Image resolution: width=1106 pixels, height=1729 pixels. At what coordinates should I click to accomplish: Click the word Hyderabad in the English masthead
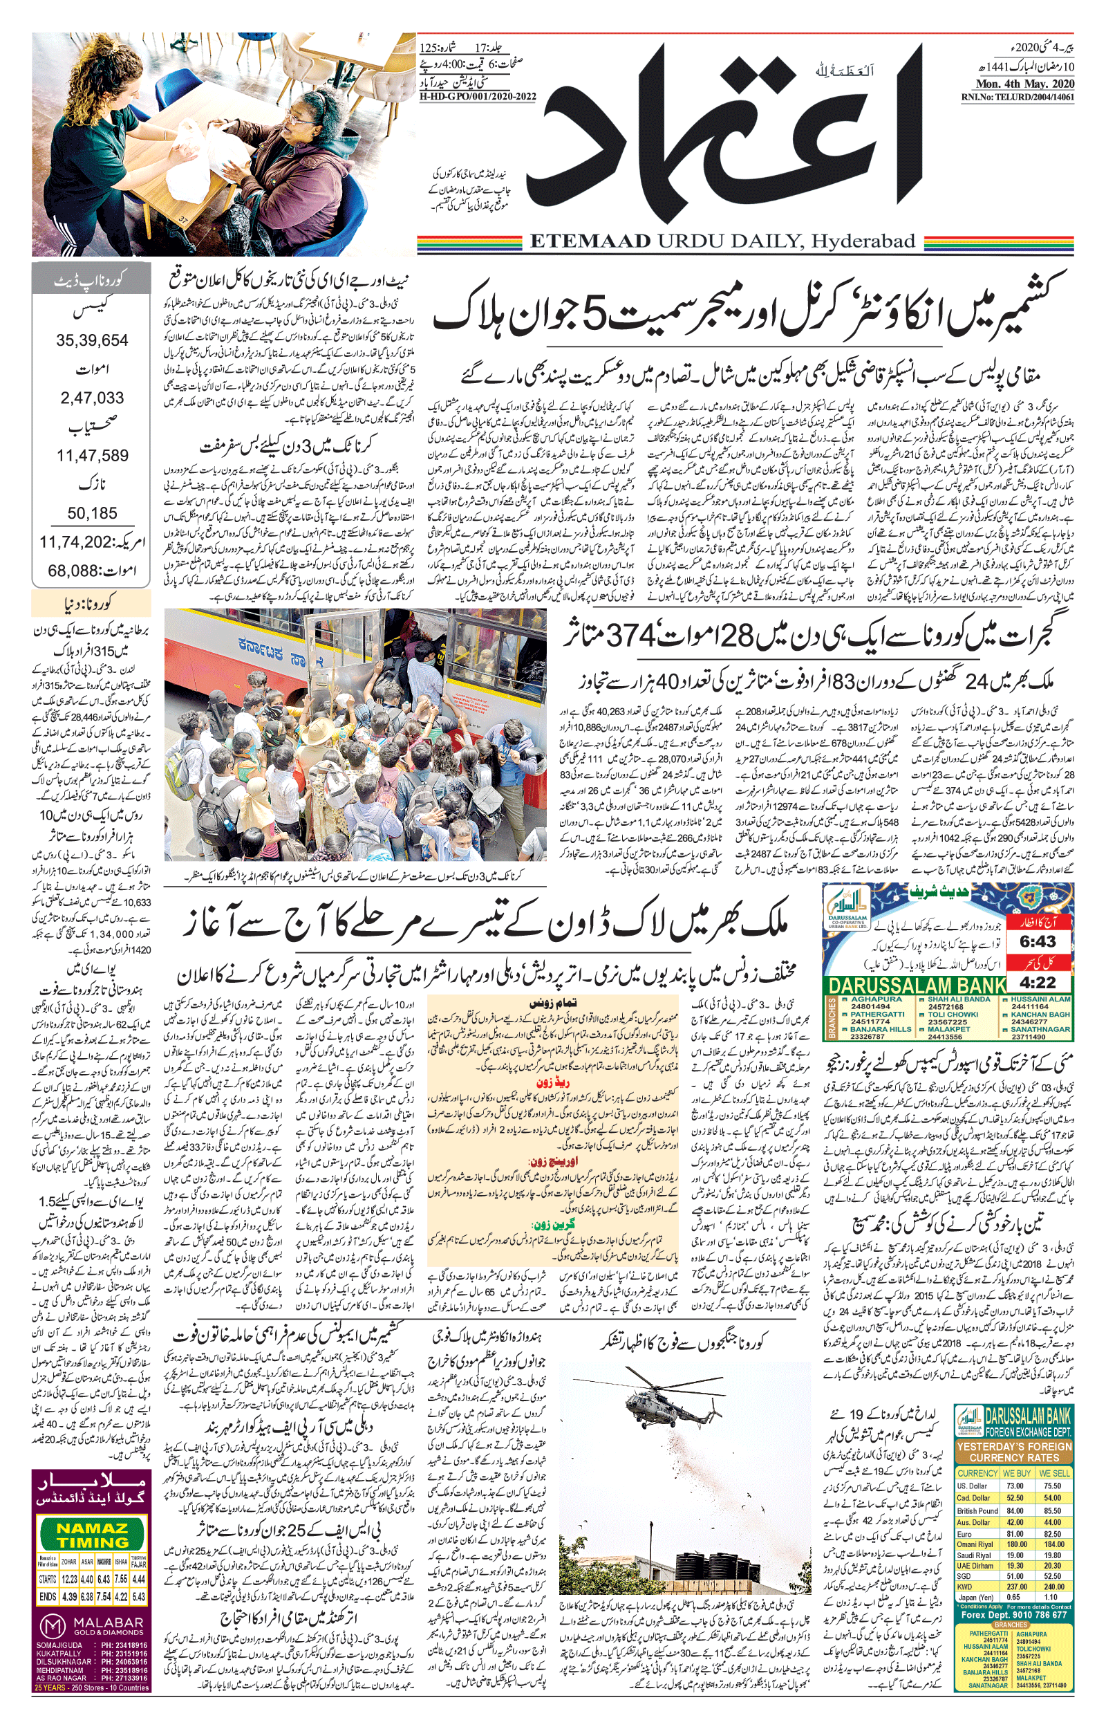tap(864, 241)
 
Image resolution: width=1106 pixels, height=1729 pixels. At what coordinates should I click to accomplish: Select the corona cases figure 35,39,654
tap(92, 340)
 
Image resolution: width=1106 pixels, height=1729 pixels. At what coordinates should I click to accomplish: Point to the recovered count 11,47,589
tap(93, 455)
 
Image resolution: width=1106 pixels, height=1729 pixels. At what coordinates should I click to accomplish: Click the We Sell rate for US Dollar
tap(1052, 1486)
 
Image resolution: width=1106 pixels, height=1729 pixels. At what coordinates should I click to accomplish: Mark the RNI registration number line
tap(1017, 97)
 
